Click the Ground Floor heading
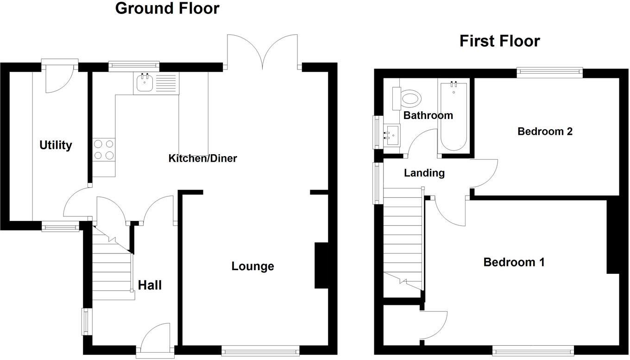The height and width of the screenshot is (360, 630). click(x=167, y=8)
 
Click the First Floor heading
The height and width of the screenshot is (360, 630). click(x=499, y=41)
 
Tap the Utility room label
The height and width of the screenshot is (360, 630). click(x=56, y=145)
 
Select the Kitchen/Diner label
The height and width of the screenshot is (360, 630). click(x=202, y=158)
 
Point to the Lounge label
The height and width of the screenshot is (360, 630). click(x=252, y=266)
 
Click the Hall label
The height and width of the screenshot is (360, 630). click(x=150, y=285)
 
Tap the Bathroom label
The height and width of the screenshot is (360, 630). click(x=428, y=115)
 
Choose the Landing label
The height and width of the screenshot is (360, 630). click(x=424, y=173)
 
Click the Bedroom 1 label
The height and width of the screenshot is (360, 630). click(x=514, y=262)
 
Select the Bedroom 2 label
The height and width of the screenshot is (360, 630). click(x=545, y=132)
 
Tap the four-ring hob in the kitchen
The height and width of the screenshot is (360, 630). click(x=104, y=150)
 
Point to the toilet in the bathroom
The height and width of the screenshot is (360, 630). click(x=410, y=98)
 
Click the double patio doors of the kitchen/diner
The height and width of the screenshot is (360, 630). click(x=263, y=51)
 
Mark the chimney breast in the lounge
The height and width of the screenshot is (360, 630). click(x=321, y=265)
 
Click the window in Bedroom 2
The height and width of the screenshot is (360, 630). click(x=549, y=71)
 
